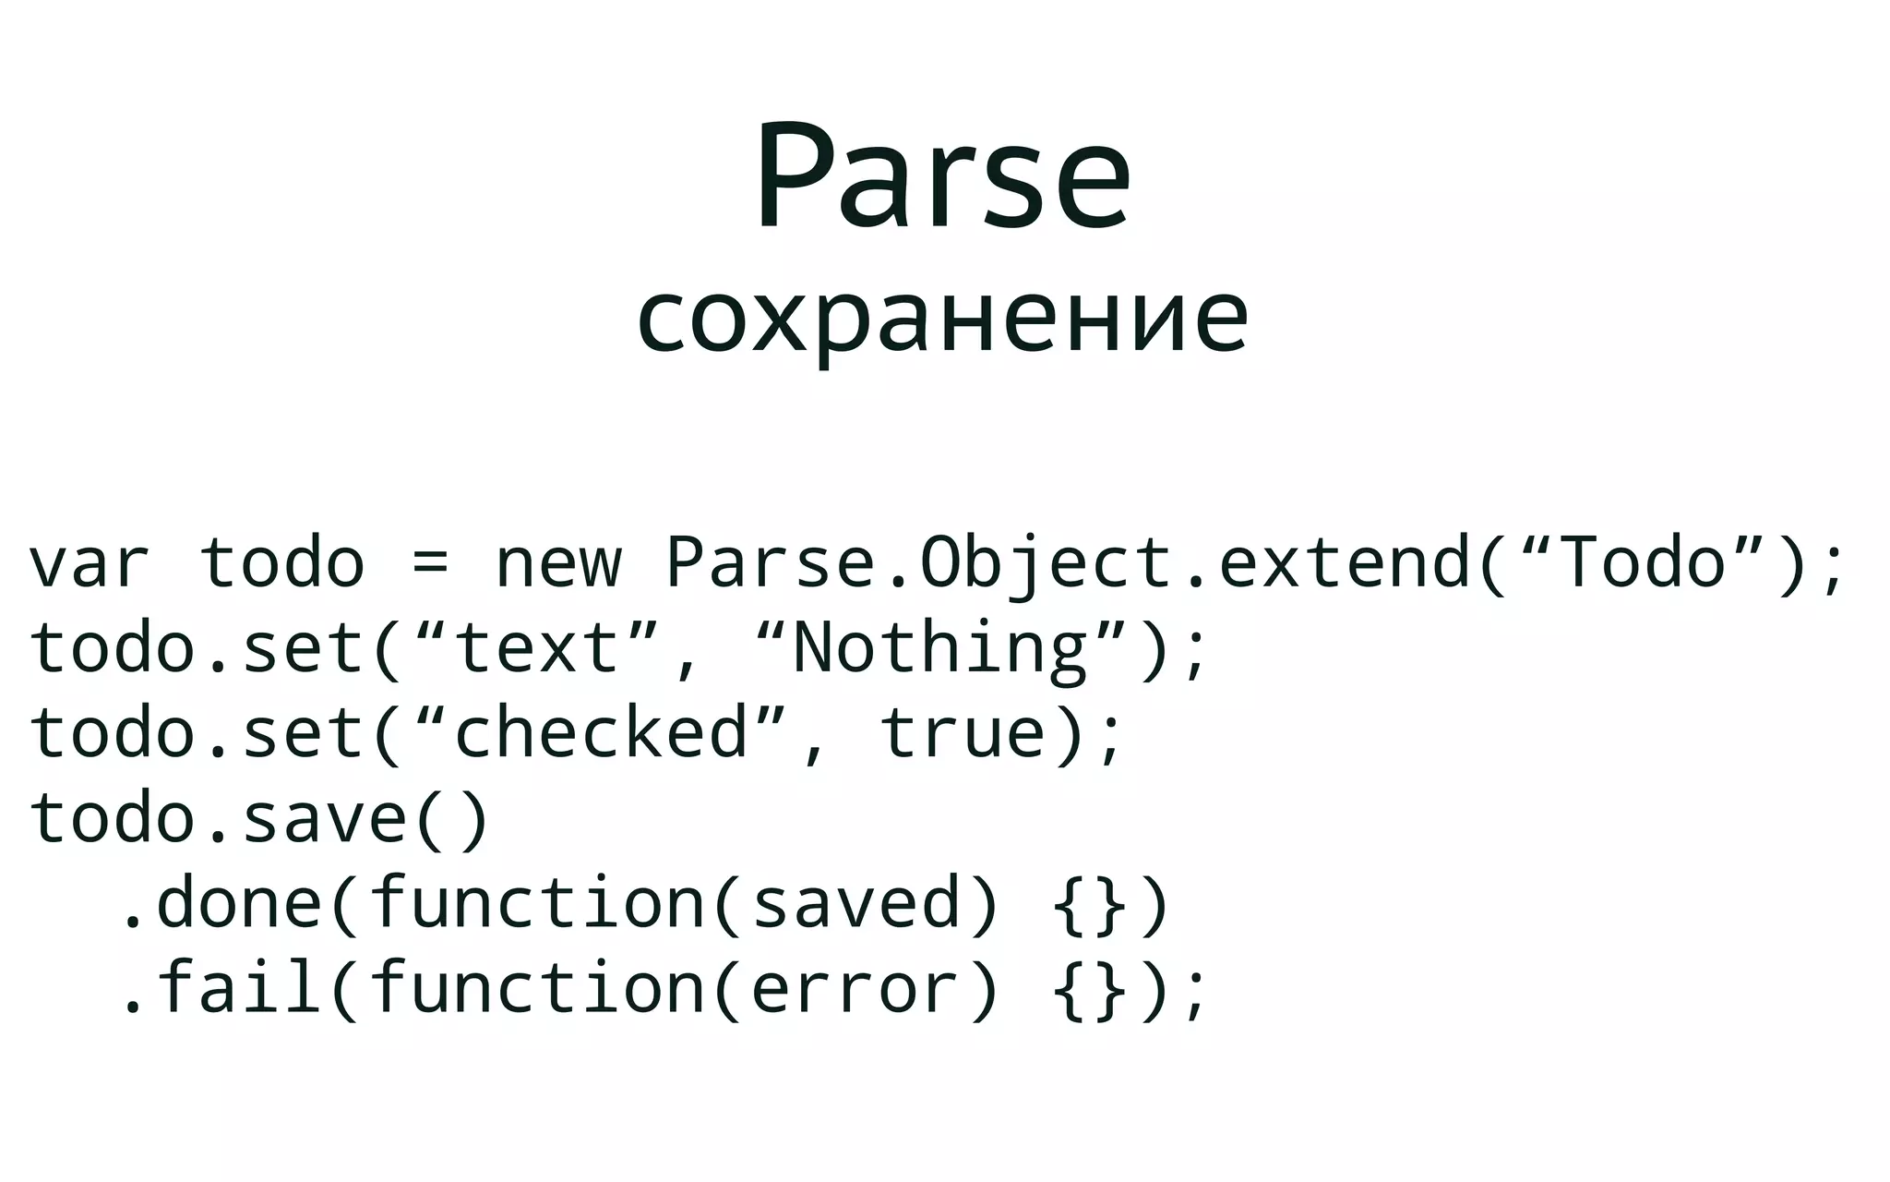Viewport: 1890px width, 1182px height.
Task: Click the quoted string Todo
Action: (1641, 561)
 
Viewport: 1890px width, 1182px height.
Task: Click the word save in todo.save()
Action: (324, 818)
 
